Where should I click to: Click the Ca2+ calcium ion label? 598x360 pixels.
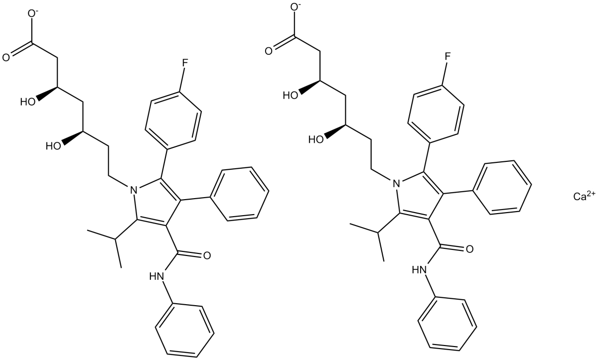[584, 197]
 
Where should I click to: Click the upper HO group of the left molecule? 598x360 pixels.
[28, 103]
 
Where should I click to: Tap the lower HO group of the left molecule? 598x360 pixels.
[53, 146]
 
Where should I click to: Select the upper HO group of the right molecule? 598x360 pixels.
[291, 95]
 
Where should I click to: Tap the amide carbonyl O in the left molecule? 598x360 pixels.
[205, 255]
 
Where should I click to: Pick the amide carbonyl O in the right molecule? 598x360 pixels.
[468, 248]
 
